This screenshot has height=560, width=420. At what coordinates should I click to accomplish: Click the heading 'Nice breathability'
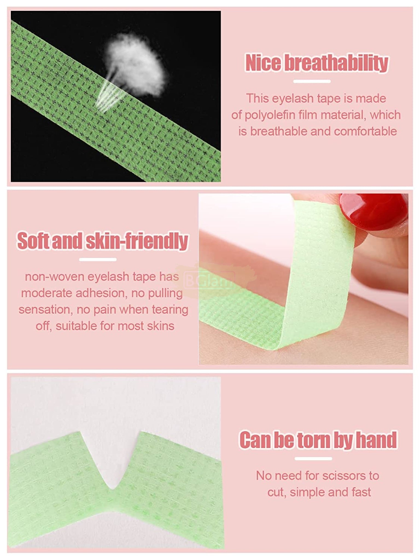click(x=317, y=63)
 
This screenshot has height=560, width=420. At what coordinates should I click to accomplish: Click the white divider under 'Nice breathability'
click(x=312, y=81)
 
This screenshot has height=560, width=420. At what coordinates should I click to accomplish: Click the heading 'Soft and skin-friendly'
click(x=103, y=241)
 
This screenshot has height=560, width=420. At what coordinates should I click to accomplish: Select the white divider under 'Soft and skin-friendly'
click(x=98, y=259)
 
